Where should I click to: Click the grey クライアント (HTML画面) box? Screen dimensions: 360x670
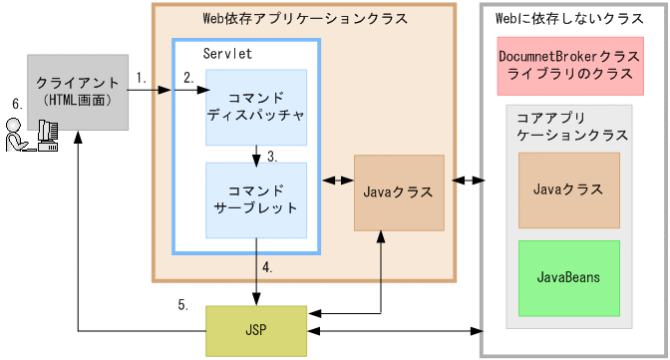pos(78,92)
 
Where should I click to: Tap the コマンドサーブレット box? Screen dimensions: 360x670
pos(255,199)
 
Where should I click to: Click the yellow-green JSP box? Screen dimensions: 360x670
pos(255,329)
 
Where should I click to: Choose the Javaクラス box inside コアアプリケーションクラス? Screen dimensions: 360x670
pos(568,187)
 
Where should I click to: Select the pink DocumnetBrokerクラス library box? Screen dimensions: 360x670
pos(572,67)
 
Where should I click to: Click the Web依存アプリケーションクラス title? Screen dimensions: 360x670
pos(303,19)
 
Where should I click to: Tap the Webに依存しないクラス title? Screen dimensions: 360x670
pos(554,19)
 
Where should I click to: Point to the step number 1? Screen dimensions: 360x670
pos(141,77)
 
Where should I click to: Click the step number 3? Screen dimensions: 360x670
pos(272,155)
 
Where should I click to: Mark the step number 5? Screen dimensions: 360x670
pos(182,305)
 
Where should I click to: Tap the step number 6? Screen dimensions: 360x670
pos(15,103)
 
